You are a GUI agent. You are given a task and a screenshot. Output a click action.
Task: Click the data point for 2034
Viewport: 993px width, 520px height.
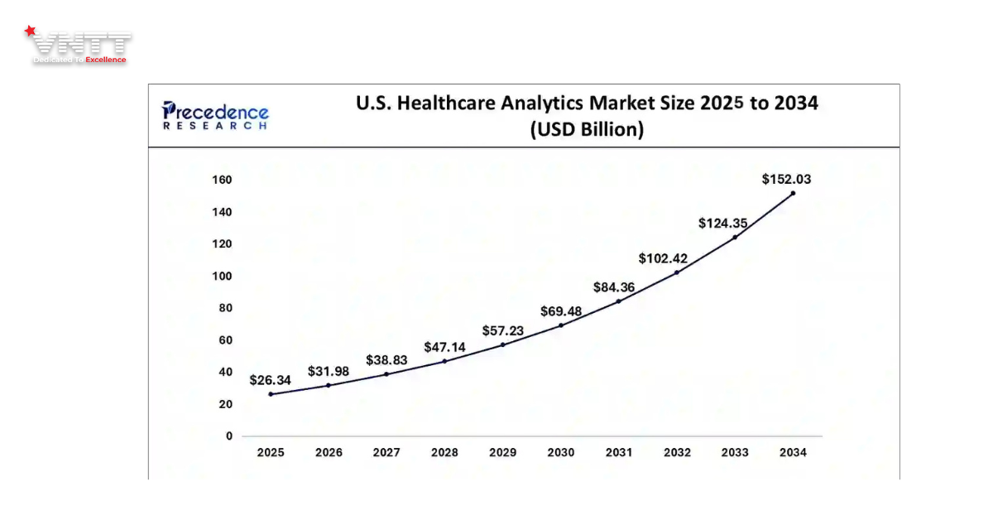click(793, 193)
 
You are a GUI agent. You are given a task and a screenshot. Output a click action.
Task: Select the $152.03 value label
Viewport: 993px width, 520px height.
click(786, 178)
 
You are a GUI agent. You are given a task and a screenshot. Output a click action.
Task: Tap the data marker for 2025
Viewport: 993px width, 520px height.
click(271, 394)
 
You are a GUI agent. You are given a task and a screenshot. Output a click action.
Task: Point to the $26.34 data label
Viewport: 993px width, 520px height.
click(270, 380)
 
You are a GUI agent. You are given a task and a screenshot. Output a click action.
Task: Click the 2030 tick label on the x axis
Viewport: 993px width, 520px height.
click(561, 452)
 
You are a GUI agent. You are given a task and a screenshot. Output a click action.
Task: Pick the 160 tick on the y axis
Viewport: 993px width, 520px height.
click(223, 181)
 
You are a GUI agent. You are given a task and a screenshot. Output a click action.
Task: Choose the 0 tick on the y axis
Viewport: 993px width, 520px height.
click(229, 436)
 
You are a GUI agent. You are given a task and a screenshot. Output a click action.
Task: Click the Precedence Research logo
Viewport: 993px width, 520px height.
click(215, 115)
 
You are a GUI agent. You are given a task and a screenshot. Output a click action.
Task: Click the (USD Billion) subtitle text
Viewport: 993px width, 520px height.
click(587, 130)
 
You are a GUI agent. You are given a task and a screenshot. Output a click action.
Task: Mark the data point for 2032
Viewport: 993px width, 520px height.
click(677, 272)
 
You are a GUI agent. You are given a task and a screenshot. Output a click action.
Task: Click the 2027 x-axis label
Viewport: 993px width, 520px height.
click(386, 452)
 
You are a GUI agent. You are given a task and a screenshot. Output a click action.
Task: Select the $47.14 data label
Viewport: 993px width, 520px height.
click(445, 347)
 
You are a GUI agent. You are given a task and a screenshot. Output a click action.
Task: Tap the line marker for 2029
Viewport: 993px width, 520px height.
click(502, 344)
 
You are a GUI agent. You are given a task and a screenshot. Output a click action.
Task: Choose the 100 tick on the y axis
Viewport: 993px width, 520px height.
click(223, 277)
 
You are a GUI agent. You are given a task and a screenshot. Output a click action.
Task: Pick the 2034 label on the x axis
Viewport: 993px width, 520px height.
click(793, 452)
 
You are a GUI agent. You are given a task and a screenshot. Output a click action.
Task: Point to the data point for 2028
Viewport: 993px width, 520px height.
click(444, 361)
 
